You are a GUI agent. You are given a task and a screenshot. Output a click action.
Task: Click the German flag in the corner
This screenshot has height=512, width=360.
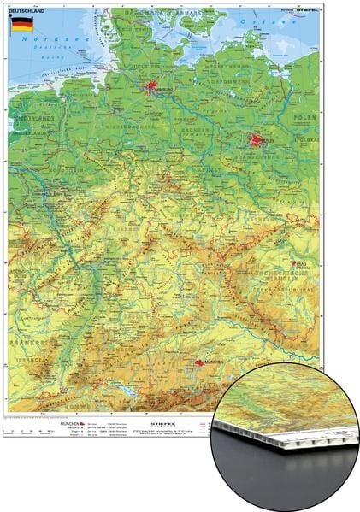[x=22, y=24]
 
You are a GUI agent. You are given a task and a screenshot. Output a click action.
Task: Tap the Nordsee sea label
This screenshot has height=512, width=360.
[x=38, y=40]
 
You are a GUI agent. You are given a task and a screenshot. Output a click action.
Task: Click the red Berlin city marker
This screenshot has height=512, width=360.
[x=256, y=139]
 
